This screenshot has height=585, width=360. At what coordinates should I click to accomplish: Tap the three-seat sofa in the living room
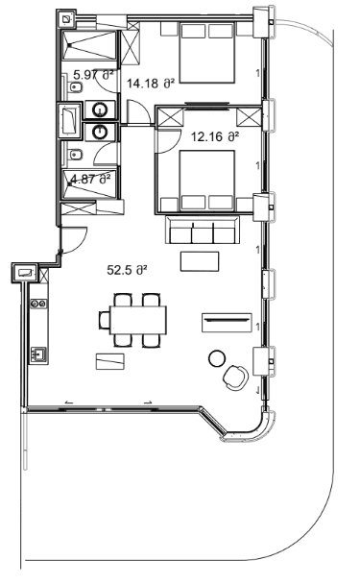tap(204, 231)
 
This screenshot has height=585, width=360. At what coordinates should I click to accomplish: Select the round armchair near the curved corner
tap(233, 378)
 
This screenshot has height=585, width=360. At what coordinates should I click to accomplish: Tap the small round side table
tap(216, 359)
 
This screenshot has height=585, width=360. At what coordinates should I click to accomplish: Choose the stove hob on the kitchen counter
tap(39, 304)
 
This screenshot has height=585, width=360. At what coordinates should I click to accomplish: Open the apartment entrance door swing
tap(75, 238)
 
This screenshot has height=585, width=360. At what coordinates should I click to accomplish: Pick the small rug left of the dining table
tap(110, 360)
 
